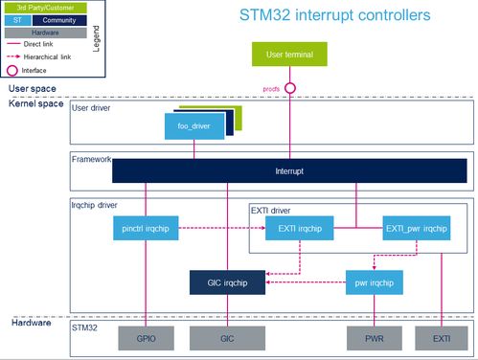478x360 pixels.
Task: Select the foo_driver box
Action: [x=194, y=125]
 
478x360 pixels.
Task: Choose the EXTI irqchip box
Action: [x=300, y=229]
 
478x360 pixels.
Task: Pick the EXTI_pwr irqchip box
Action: [x=417, y=229]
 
